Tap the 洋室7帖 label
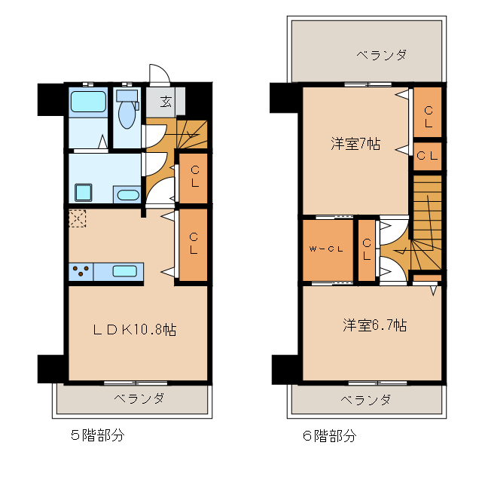point(354,144)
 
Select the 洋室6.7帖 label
point(374,325)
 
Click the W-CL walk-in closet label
point(327,249)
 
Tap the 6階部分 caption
point(329,435)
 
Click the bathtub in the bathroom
point(87,102)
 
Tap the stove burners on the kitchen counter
point(81,271)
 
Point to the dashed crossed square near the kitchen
point(77,218)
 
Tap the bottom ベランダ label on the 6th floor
point(365,398)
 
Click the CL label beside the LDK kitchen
point(194,243)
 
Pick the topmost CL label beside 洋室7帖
point(428,117)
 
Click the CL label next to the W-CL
point(367,249)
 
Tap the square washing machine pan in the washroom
point(82,192)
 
